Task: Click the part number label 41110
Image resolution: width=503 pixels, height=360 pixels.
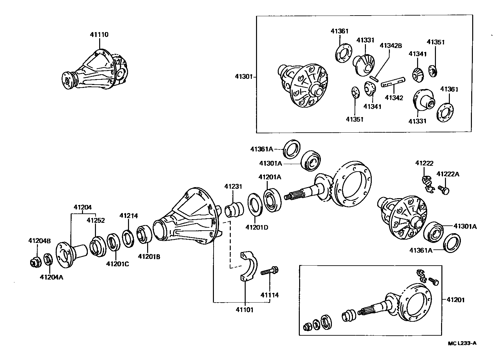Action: click(x=99, y=35)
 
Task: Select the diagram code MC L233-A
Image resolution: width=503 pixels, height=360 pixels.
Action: click(x=462, y=343)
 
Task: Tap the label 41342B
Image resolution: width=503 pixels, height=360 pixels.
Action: click(x=391, y=46)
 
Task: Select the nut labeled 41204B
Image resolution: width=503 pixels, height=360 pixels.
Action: click(x=34, y=262)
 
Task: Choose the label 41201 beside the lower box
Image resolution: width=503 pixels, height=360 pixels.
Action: click(x=455, y=300)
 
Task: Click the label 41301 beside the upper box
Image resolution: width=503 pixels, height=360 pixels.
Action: click(x=244, y=77)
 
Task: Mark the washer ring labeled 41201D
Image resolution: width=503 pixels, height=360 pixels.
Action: click(x=255, y=204)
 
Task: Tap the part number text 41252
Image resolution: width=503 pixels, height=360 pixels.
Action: click(x=95, y=221)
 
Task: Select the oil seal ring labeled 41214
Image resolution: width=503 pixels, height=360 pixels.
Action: click(x=127, y=238)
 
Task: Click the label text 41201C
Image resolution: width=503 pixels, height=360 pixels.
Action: click(x=118, y=264)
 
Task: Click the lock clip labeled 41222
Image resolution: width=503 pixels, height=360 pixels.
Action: click(x=428, y=184)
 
